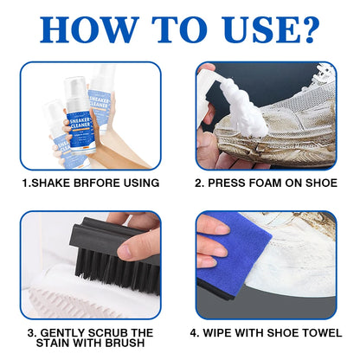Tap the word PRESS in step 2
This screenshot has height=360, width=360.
[x=224, y=183]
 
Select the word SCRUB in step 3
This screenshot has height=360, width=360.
[x=106, y=332]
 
